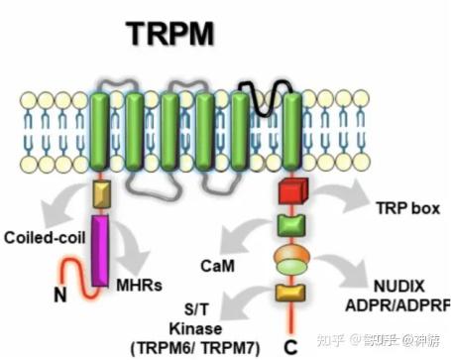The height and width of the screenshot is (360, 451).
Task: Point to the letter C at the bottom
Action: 290,347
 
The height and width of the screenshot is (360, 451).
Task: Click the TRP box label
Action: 399,209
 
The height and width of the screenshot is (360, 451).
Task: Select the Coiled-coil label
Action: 39,238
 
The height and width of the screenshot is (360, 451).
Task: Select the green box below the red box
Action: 290,225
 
